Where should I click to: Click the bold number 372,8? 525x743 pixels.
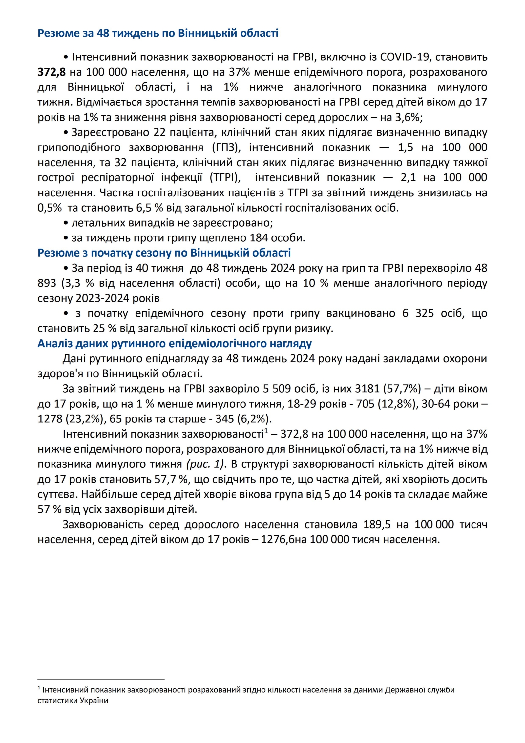click(52, 72)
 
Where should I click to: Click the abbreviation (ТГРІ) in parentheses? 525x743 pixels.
click(225, 178)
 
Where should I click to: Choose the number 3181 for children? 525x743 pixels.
click(367, 389)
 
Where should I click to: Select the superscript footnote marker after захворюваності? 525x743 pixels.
click(266, 431)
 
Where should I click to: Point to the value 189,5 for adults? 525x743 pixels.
click(377, 525)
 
